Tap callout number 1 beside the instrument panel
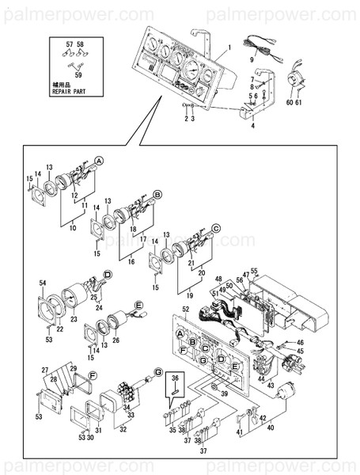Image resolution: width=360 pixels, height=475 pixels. pyautogui.click(x=228, y=47)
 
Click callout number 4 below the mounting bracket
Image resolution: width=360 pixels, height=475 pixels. pyautogui.click(x=252, y=125)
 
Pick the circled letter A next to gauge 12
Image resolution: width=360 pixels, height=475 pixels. pyautogui.click(x=100, y=160)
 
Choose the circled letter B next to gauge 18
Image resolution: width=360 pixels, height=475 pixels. pyautogui.click(x=157, y=194)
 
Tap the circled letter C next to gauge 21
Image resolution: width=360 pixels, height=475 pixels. pyautogui.click(x=217, y=228)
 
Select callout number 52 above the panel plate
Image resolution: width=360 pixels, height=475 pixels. pyautogui.click(x=185, y=309)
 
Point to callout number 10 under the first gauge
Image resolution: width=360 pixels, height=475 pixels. pyautogui.click(x=71, y=226)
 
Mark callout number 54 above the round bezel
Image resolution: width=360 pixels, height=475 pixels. pyautogui.click(x=43, y=283)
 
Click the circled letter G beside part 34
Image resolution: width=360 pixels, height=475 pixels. pyautogui.click(x=157, y=371)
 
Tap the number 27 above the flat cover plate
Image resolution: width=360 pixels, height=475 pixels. pyautogui.click(x=46, y=370)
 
